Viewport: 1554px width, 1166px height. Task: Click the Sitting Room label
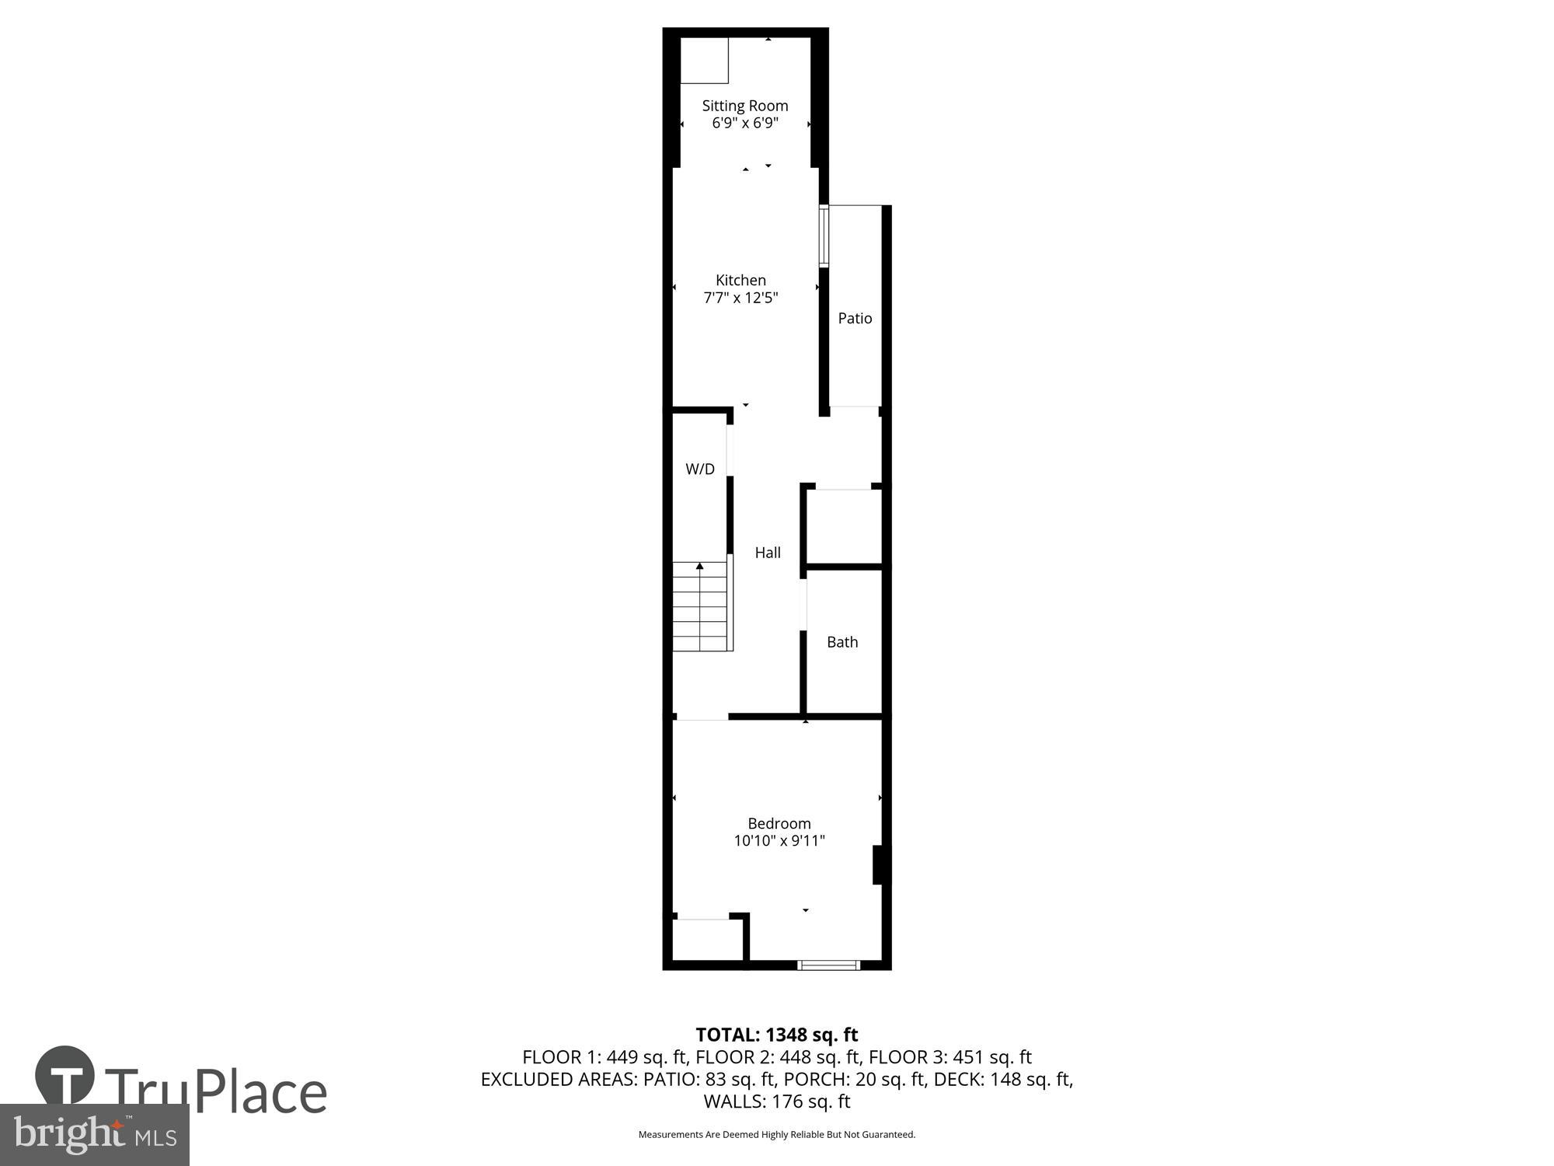(x=744, y=106)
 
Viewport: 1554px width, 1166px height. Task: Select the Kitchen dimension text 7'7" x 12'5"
(x=740, y=298)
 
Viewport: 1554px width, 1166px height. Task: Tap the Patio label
(x=855, y=318)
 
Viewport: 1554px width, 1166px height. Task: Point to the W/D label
(x=699, y=469)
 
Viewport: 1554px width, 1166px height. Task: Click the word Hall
(x=768, y=553)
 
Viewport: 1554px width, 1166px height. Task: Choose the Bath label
(x=842, y=642)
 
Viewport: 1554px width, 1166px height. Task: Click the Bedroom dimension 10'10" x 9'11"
(x=779, y=840)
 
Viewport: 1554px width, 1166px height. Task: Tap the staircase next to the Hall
(x=702, y=608)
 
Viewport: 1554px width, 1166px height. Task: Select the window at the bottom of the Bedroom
(x=828, y=965)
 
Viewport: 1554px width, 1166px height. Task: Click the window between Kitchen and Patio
(x=824, y=236)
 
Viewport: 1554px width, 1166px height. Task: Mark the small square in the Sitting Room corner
(x=704, y=60)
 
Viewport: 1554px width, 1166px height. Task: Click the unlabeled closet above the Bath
(x=843, y=525)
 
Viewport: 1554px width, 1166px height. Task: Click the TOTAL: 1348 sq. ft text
(x=776, y=1035)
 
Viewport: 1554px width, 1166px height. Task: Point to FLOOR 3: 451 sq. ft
(x=949, y=1057)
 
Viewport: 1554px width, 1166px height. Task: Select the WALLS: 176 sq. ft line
(x=776, y=1101)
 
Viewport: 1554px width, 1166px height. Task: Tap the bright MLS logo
(x=94, y=1135)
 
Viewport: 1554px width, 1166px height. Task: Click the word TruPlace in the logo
(x=215, y=1091)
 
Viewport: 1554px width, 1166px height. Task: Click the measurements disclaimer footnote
(x=776, y=1135)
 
